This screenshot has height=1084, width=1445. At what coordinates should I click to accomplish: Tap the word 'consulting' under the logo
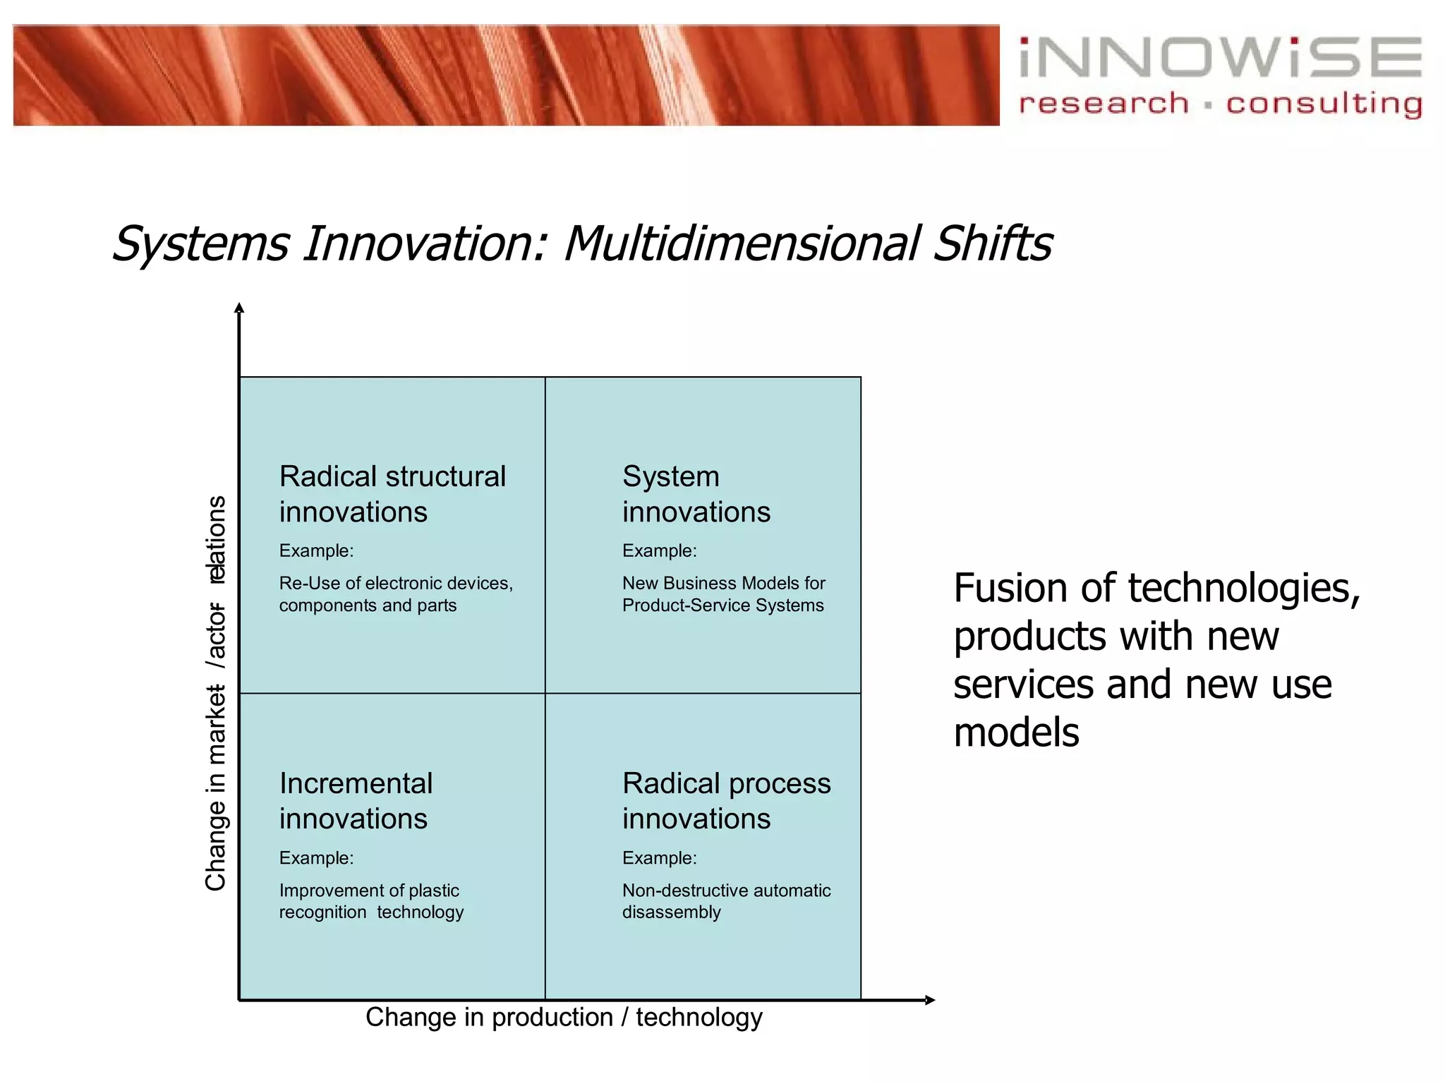point(1324,104)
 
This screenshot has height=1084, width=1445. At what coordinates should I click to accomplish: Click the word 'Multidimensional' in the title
point(741,243)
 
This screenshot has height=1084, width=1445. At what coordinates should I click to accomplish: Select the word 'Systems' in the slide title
point(201,243)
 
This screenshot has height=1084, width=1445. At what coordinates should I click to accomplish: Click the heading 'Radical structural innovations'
point(392,494)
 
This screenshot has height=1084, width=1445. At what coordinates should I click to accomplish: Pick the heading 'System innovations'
point(695,494)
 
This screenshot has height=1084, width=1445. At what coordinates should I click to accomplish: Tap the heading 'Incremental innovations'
point(356,801)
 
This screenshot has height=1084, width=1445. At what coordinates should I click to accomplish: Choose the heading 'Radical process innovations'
point(726,801)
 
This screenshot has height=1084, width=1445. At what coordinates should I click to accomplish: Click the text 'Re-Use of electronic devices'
point(395,584)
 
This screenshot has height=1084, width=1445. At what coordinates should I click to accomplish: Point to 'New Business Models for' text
point(723,584)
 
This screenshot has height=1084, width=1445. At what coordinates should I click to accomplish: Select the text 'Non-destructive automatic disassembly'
point(725,901)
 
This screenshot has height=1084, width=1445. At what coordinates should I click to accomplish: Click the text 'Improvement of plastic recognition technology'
point(370,901)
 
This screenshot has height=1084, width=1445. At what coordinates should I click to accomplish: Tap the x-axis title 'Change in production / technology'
point(564,1018)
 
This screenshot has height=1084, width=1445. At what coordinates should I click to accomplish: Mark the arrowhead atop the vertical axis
point(239,308)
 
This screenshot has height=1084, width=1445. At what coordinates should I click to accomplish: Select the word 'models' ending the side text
point(1016,733)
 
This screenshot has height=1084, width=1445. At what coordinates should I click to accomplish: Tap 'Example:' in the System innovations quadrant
point(659,551)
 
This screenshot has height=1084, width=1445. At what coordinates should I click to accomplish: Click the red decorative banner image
point(506,76)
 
